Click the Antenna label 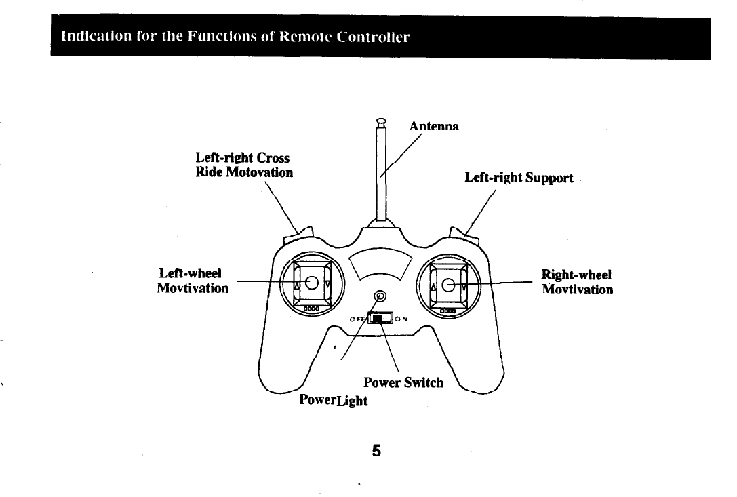tap(434, 126)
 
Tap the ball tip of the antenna tap(381, 123)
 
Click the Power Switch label tap(403, 383)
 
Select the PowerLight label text tap(333, 400)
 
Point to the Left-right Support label tap(519, 178)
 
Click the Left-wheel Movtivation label tap(193, 281)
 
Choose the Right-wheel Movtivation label tap(577, 282)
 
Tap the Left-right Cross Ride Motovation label tap(243, 165)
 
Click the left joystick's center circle tap(312, 283)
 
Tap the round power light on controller tap(380, 296)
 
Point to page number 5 tap(376, 450)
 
